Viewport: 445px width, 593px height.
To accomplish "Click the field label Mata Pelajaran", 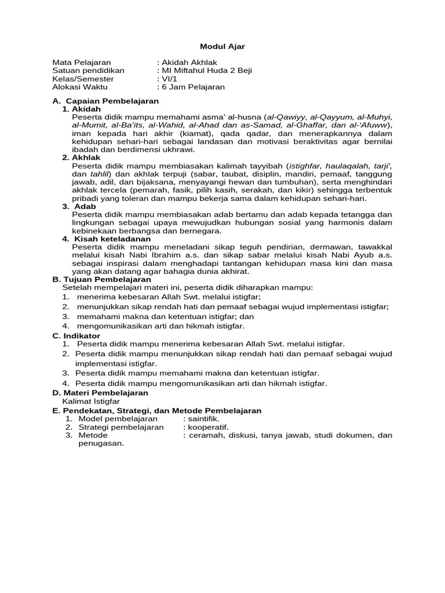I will point(81,63).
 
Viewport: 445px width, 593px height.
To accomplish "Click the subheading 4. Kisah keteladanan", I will point(107,239).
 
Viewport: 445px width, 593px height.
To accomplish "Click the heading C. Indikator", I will point(76,335).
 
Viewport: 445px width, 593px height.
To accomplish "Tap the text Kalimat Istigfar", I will point(91,401).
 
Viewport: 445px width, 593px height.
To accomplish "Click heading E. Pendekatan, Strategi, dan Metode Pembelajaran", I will point(156,410).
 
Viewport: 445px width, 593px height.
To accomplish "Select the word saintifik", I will point(203,418).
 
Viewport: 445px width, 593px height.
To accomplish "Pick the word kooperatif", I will point(206,427).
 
